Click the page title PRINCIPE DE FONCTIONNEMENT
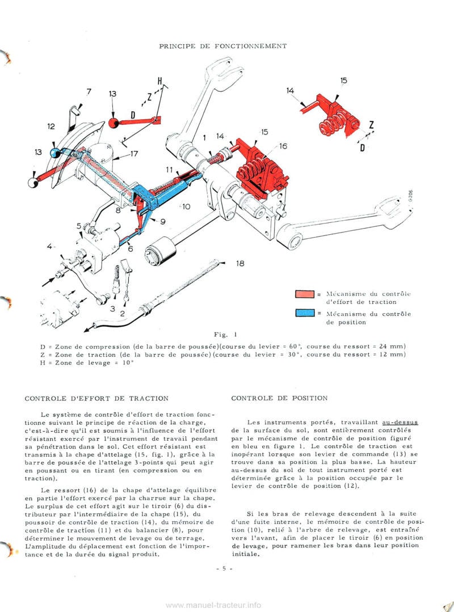222,45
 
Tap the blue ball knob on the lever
55,153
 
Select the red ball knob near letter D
114,123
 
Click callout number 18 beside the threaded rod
240,264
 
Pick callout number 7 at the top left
89,92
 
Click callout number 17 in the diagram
134,153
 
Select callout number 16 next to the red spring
283,146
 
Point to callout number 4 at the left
51,246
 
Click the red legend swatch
305,294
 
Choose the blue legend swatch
305,314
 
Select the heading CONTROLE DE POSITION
279,398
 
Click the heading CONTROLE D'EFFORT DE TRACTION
96,398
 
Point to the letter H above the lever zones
160,82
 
